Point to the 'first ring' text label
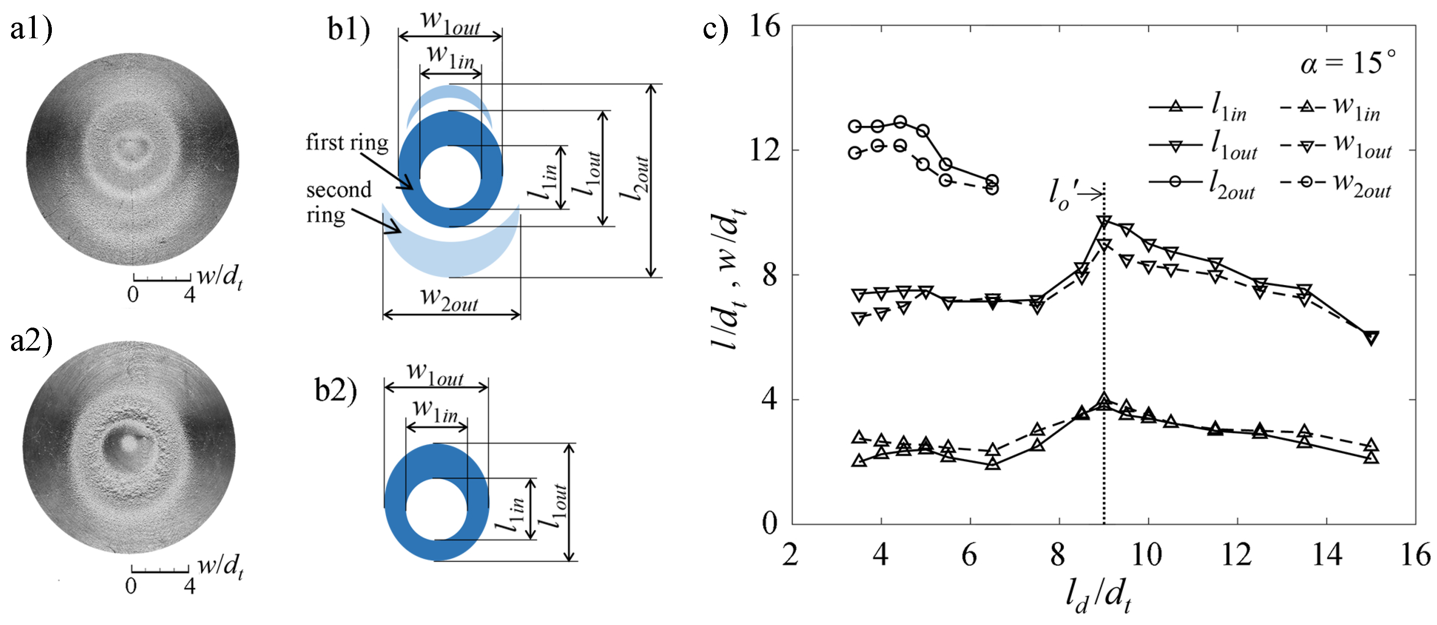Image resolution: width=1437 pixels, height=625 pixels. click(346, 143)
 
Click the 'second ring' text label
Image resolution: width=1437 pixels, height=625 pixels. click(338, 202)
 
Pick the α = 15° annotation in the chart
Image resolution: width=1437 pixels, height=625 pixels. click(1348, 63)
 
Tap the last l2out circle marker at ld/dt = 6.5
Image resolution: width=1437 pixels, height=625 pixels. click(992, 181)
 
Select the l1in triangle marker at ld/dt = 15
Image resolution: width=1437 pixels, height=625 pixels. click(1371, 458)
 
